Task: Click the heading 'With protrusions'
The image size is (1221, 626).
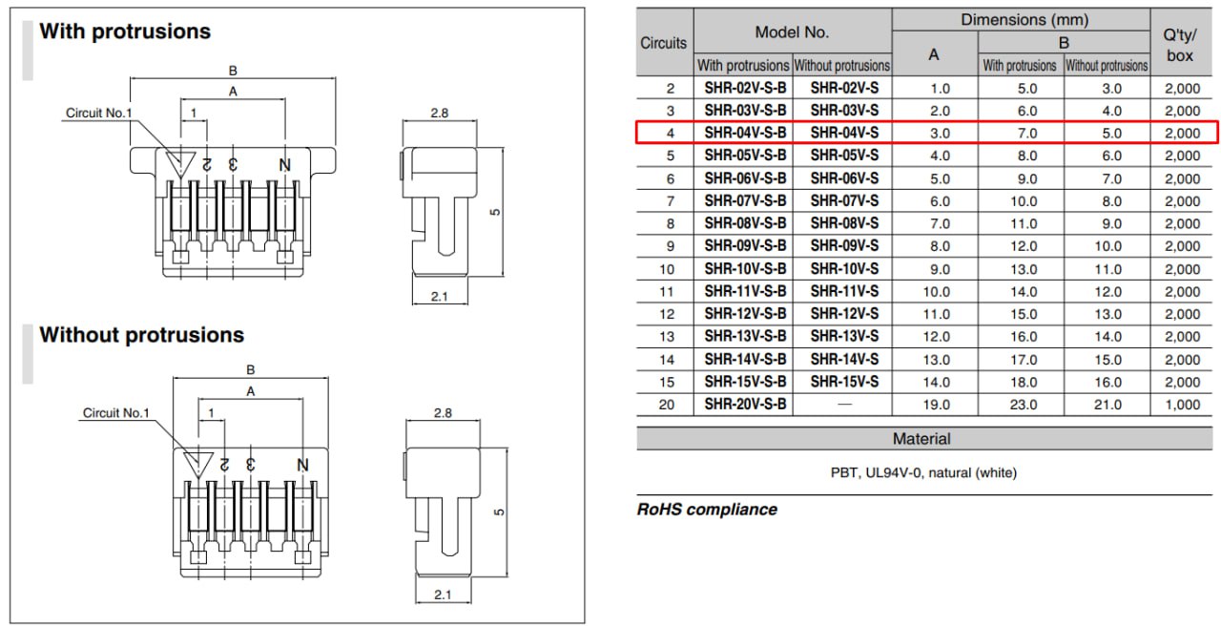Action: [125, 31]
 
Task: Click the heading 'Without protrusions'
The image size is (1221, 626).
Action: [141, 335]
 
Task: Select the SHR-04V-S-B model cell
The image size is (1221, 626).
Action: [745, 133]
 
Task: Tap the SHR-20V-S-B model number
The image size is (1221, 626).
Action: [745, 405]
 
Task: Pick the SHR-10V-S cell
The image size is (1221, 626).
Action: [844, 269]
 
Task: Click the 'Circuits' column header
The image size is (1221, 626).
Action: [664, 43]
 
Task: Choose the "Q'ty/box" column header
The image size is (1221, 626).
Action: [1180, 44]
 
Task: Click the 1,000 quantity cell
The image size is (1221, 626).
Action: [1183, 405]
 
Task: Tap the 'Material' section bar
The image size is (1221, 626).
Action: [921, 439]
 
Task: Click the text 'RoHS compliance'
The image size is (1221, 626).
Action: [707, 510]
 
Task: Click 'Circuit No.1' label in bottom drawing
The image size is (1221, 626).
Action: [116, 413]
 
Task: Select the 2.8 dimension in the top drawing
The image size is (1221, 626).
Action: [440, 113]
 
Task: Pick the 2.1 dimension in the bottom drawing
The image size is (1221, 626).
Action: [442, 595]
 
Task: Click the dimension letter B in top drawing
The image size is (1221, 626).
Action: [233, 70]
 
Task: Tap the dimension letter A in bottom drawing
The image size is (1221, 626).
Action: [251, 391]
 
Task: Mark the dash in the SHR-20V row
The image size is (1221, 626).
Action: [844, 405]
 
